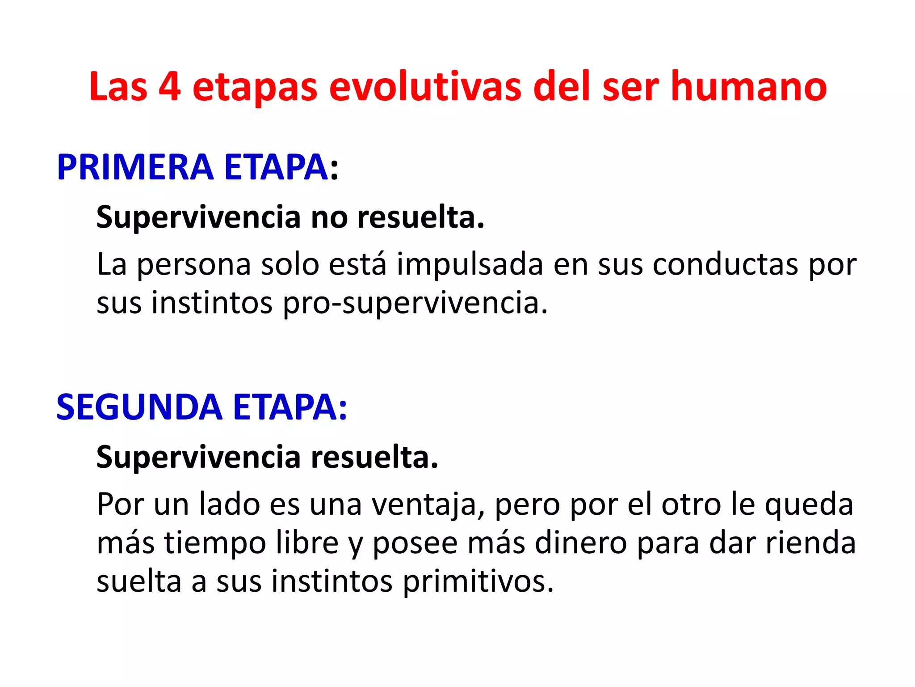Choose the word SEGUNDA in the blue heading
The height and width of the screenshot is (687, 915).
coord(139,407)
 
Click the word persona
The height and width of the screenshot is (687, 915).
coord(194,265)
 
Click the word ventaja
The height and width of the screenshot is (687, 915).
coord(429,505)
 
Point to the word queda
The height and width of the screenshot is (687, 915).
coord(809,505)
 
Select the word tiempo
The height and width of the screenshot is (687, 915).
coord(215,543)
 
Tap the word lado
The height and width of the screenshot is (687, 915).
coord(230,505)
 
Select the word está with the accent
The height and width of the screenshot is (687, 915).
coord(357,265)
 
